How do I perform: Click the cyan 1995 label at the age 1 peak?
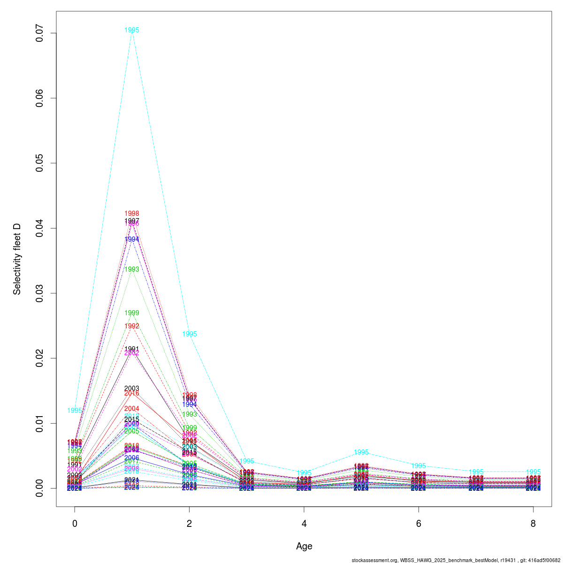tap(132, 30)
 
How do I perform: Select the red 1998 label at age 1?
tap(132, 213)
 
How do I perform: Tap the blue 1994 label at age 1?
tap(132, 239)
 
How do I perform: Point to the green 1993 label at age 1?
tap(132, 269)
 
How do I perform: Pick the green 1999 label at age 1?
tap(132, 313)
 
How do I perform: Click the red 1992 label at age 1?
tap(132, 326)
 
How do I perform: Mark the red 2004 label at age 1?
tap(132, 409)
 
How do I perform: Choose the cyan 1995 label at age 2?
tap(190, 334)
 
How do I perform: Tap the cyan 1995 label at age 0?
tap(75, 411)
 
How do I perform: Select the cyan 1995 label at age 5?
tap(361, 452)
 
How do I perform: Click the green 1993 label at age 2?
tap(190, 414)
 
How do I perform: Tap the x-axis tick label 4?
tap(304, 524)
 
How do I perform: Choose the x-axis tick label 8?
tap(533, 524)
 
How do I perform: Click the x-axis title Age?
tap(304, 546)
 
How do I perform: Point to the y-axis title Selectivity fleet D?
tap(17, 259)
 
